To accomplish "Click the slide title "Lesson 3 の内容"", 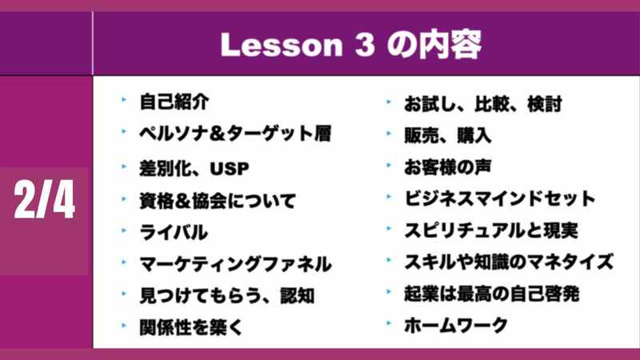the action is pyautogui.click(x=351, y=44).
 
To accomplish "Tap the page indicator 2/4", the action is pyautogui.click(x=44, y=199).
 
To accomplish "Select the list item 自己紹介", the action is pyautogui.click(x=174, y=102).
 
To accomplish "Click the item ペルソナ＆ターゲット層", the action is pyautogui.click(x=235, y=134).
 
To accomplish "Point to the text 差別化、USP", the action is pyautogui.click(x=194, y=168).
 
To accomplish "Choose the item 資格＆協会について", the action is pyautogui.click(x=218, y=201).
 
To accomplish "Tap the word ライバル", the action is pyautogui.click(x=174, y=232).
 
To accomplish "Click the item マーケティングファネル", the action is pyautogui.click(x=235, y=264).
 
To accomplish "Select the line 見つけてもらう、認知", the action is pyautogui.click(x=227, y=295).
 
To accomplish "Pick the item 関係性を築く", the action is pyautogui.click(x=191, y=327).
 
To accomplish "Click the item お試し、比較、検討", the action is pyautogui.click(x=483, y=104).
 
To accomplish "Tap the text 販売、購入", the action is pyautogui.click(x=447, y=135).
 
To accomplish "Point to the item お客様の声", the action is pyautogui.click(x=447, y=167).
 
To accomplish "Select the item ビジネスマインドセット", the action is pyautogui.click(x=499, y=198).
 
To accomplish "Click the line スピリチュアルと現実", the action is pyautogui.click(x=491, y=230).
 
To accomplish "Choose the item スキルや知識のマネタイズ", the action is pyautogui.click(x=509, y=262).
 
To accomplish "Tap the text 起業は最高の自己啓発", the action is pyautogui.click(x=491, y=294).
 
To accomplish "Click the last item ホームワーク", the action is pyautogui.click(x=456, y=326).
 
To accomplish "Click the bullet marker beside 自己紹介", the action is pyautogui.click(x=124, y=99).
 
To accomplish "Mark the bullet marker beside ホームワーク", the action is pyautogui.click(x=389, y=323).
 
